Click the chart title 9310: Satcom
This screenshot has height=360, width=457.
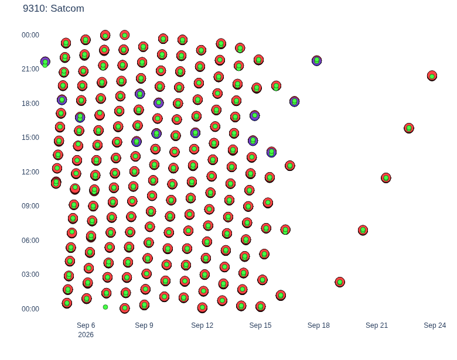pyautogui.click(x=53, y=8)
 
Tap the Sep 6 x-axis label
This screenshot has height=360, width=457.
pyautogui.click(x=86, y=325)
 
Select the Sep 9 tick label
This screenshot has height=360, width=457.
pyautogui.click(x=144, y=325)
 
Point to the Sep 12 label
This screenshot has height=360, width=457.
pyautogui.click(x=202, y=325)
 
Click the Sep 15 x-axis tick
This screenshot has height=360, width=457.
pyautogui.click(x=260, y=325)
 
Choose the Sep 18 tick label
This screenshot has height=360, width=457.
pyautogui.click(x=319, y=325)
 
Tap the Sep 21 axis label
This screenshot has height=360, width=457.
pyautogui.click(x=377, y=325)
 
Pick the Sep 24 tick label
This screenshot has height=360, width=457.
pyautogui.click(x=435, y=325)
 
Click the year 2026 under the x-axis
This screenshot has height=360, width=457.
pyautogui.click(x=86, y=335)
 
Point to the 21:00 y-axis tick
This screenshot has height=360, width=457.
pyautogui.click(x=30, y=69)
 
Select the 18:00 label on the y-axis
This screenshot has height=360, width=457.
pyautogui.click(x=30, y=104)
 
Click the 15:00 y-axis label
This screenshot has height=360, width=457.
pyautogui.click(x=30, y=138)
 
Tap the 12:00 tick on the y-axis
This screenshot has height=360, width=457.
pyautogui.click(x=30, y=172)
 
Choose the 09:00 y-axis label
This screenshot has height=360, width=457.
pyautogui.click(x=30, y=206)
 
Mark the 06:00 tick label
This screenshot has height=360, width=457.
pyautogui.click(x=30, y=240)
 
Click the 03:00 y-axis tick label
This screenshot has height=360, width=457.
pyautogui.click(x=30, y=275)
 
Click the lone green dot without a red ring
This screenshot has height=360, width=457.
pyautogui.click(x=105, y=307)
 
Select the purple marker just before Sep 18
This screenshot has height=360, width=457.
pyautogui.click(x=317, y=60)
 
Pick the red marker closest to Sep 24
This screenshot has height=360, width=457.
pyautogui.click(x=432, y=76)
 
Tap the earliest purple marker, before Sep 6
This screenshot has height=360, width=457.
pyautogui.click(x=45, y=61)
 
